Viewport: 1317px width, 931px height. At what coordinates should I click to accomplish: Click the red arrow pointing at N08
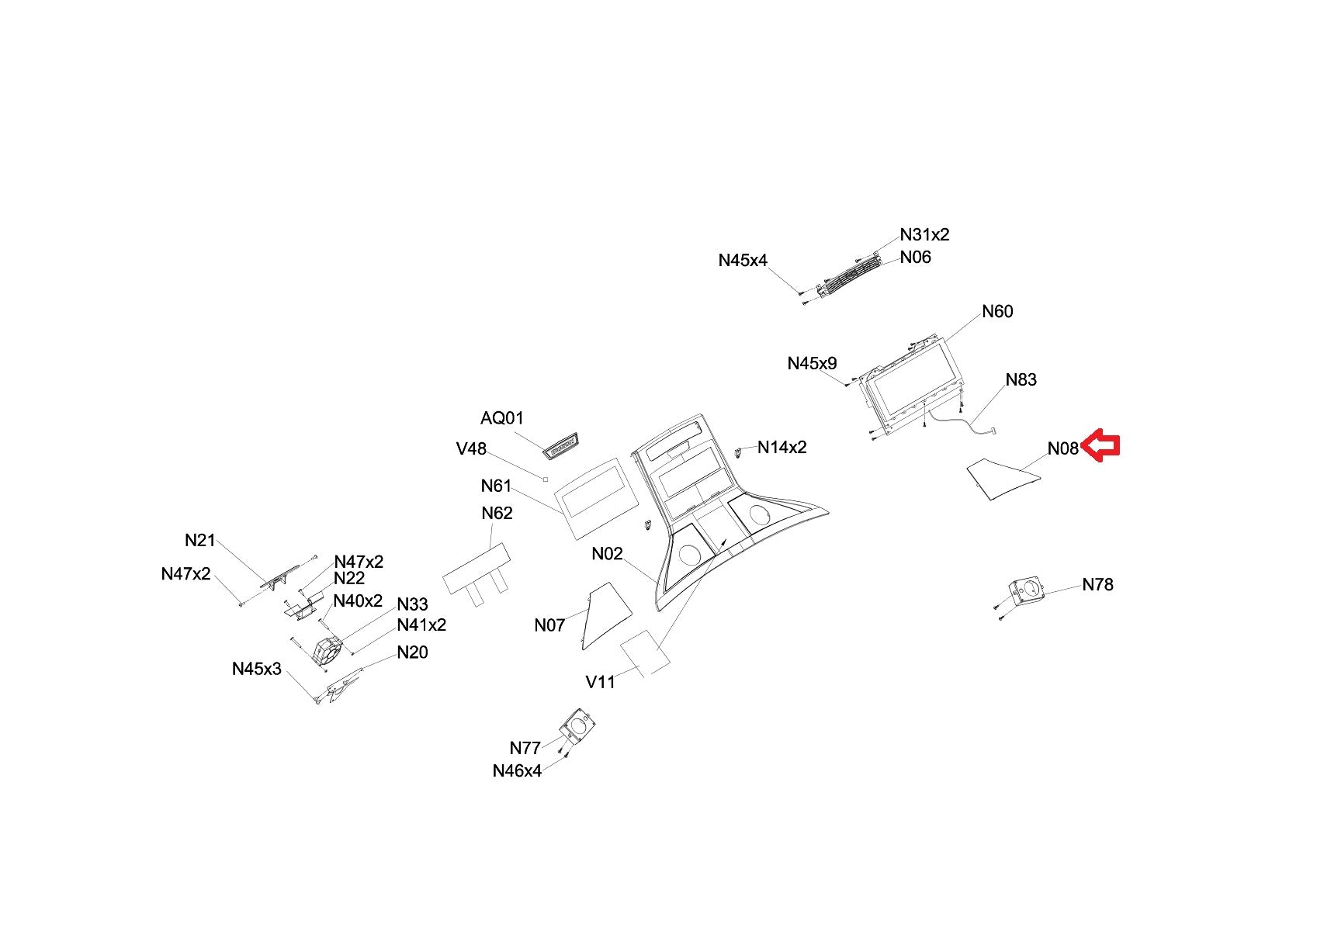point(1100,446)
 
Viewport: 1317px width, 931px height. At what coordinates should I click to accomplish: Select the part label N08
point(1062,448)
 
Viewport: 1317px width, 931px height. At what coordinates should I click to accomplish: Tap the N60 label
point(997,312)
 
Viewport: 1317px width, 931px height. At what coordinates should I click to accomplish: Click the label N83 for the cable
point(1021,380)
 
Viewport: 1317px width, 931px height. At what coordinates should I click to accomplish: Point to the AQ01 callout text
point(502,419)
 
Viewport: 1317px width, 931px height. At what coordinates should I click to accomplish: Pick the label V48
point(471,449)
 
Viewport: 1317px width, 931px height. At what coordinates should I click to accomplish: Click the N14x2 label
point(782,448)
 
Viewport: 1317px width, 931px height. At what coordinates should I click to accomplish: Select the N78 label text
point(1097,585)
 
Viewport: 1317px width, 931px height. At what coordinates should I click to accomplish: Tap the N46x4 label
point(517,771)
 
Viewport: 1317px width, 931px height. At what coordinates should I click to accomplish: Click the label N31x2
point(924,235)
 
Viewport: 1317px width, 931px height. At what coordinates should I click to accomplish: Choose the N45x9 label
point(812,364)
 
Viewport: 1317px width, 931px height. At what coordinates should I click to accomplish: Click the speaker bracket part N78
point(1026,593)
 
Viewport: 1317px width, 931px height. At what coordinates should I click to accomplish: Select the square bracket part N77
point(577,727)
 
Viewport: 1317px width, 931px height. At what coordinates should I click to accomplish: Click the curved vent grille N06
point(847,275)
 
